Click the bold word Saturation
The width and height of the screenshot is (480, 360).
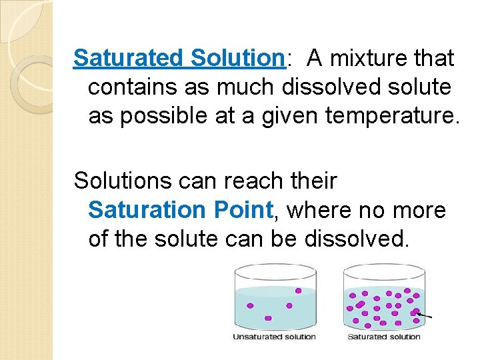pyautogui.click(x=147, y=209)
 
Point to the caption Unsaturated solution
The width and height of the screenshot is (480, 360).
pyautogui.click(x=274, y=337)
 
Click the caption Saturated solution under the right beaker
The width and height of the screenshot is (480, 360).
pyautogui.click(x=384, y=337)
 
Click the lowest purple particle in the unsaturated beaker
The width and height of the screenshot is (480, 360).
pyautogui.click(x=268, y=318)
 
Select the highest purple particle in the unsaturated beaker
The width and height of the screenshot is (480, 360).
pyautogui.click(x=298, y=291)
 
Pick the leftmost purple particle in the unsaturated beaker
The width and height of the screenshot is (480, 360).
pyautogui.click(x=250, y=306)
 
